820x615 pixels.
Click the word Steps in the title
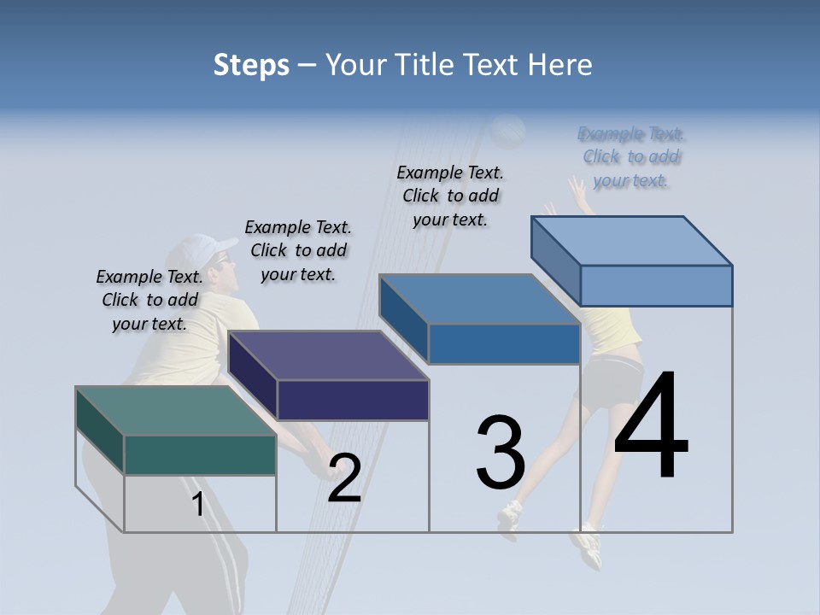tap(251, 65)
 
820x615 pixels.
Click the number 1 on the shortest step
tap(197, 505)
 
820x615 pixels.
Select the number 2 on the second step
tap(344, 478)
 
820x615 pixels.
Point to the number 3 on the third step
tap(501, 453)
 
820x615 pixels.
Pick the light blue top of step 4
tap(632, 241)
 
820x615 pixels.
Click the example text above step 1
tap(149, 301)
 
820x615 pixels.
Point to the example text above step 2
tap(298, 250)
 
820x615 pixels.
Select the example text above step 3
tap(450, 196)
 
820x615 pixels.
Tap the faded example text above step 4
tap(631, 157)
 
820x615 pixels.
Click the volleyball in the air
tap(509, 131)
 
